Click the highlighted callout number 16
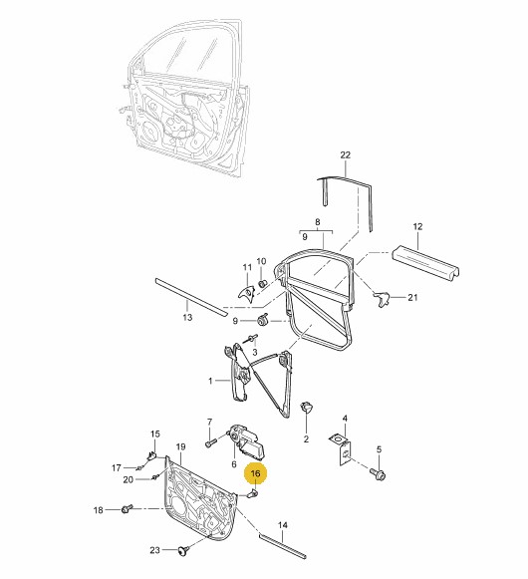click(255, 473)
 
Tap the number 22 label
click(345, 155)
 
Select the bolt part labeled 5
click(377, 473)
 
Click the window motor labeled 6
click(248, 442)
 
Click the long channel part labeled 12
click(425, 264)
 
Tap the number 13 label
click(187, 317)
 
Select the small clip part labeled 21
click(382, 298)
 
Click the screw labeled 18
click(127, 509)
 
